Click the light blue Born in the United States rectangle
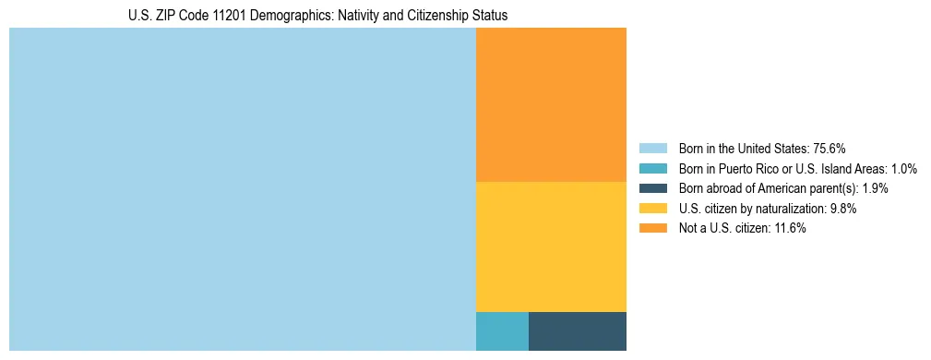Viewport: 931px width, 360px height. tap(242, 189)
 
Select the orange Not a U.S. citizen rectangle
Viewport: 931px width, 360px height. tap(551, 104)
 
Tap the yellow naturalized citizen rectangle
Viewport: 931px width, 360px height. tap(551, 246)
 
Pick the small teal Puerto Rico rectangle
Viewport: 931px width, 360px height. tap(502, 331)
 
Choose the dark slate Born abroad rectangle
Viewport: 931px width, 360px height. tap(577, 331)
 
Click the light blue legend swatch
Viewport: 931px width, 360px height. tap(652, 148)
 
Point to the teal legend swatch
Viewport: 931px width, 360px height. tap(652, 168)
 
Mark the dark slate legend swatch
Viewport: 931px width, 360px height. tap(652, 188)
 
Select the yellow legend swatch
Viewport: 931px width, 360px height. tap(652, 209)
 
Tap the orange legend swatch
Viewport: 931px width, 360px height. tap(652, 229)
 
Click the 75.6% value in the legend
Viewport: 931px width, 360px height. tap(830, 148)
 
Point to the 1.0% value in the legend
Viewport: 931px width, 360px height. tap(902, 168)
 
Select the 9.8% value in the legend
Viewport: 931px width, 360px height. tap(843, 209)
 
